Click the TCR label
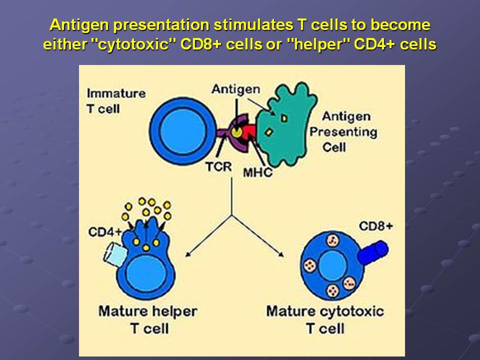click(x=218, y=167)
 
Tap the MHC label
click(x=257, y=172)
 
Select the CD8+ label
click(x=376, y=226)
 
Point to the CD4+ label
click(x=105, y=231)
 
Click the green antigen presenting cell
click(x=284, y=125)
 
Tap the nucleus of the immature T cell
click(x=182, y=131)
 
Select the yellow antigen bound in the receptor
click(x=236, y=132)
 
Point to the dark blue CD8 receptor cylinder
click(x=373, y=252)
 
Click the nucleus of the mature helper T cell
click(x=146, y=273)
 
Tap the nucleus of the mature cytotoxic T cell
click(x=333, y=265)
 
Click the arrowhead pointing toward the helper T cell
click(x=187, y=254)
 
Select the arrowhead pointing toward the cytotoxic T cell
click(x=280, y=254)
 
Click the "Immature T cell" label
click(x=116, y=101)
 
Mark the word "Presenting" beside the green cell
click(x=343, y=132)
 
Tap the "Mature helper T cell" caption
click(x=148, y=320)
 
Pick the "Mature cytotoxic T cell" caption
click(x=325, y=320)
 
